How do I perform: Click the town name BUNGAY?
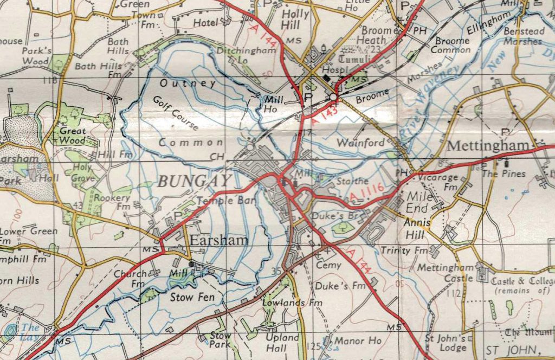[x=195, y=182]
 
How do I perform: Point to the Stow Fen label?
[x=192, y=297]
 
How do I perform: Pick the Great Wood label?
[x=73, y=136]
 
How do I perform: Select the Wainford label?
[x=360, y=144]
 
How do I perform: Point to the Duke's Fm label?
[x=333, y=286]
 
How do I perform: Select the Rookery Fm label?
[x=112, y=202]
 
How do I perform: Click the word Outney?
[x=188, y=83]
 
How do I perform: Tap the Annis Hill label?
[x=417, y=227]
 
